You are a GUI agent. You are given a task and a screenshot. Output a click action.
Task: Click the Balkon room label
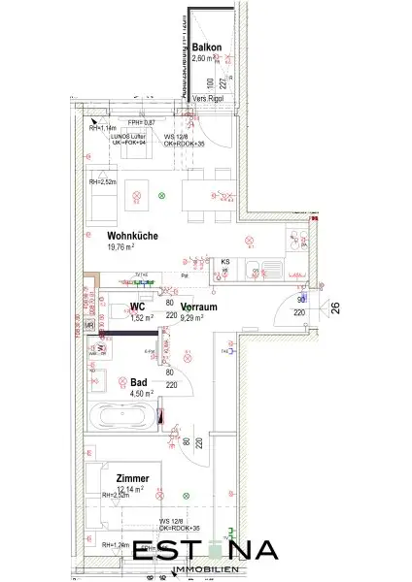click(206, 48)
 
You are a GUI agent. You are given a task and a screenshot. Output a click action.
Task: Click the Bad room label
click(139, 382)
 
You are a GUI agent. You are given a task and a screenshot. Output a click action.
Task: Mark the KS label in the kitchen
click(224, 262)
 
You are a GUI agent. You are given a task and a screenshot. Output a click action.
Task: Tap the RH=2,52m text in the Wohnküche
click(103, 180)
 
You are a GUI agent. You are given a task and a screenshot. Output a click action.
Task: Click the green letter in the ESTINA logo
click(225, 548)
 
